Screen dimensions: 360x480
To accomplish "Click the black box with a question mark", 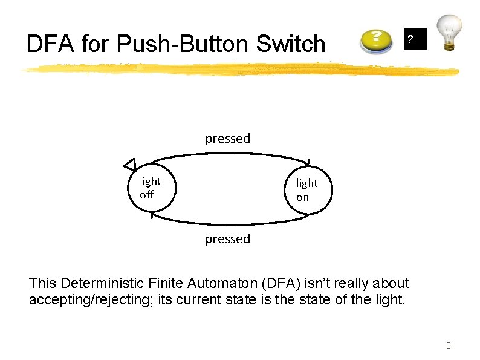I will pyautogui.click(x=415, y=39).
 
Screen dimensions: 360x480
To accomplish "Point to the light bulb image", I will pyautogui.click(x=450, y=31).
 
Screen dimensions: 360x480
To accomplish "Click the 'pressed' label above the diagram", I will pyautogui.click(x=227, y=139).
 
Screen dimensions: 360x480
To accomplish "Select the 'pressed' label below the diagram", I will pyautogui.click(x=227, y=239).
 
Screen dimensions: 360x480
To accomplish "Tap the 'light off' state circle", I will pyautogui.click(x=151, y=188).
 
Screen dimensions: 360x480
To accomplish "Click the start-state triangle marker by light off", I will pyautogui.click(x=129, y=164).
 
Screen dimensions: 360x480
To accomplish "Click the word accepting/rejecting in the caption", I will pyautogui.click(x=90, y=299).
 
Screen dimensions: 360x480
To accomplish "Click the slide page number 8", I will pyautogui.click(x=448, y=345).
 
